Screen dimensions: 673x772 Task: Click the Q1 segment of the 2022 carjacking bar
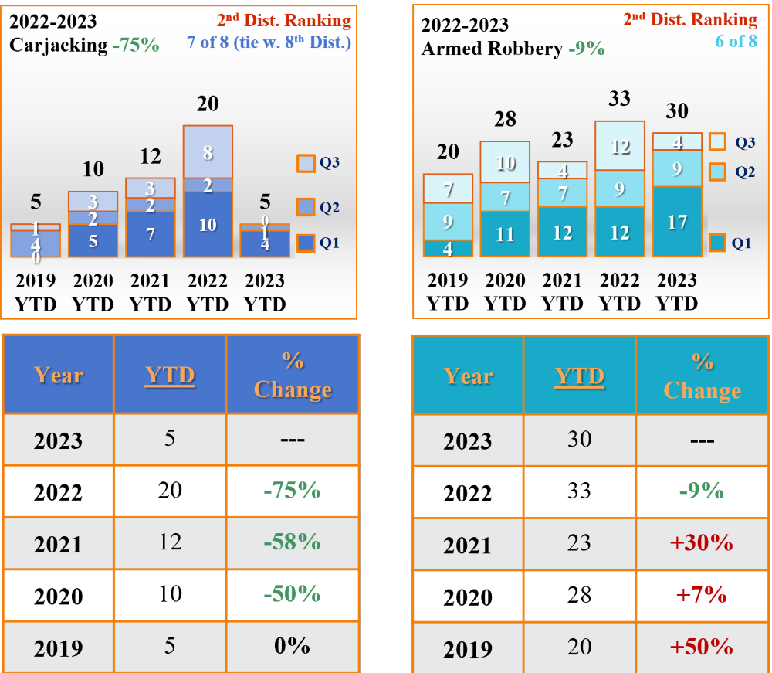(208, 224)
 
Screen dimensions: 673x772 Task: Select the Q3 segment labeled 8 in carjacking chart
(208, 152)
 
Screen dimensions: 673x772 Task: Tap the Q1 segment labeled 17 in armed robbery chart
(677, 222)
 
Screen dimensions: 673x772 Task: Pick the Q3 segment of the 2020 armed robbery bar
(505, 162)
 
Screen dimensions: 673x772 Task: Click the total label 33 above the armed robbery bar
(619, 98)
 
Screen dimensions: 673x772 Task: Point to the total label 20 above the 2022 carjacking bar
(208, 104)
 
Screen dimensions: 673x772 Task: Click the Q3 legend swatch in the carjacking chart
(305, 164)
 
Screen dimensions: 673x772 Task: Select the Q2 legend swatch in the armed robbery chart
(716, 172)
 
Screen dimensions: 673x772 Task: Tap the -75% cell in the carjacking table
(292, 491)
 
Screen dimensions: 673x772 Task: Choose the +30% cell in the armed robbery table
(702, 543)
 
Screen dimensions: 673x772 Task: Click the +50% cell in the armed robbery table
(702, 647)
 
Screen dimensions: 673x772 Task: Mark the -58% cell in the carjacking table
(292, 542)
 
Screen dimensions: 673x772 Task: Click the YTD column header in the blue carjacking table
(170, 376)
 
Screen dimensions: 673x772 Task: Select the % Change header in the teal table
(702, 376)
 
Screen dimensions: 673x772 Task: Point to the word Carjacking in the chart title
(59, 45)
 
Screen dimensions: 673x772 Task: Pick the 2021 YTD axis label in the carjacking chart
(150, 292)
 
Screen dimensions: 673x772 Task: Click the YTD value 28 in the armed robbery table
(579, 594)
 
